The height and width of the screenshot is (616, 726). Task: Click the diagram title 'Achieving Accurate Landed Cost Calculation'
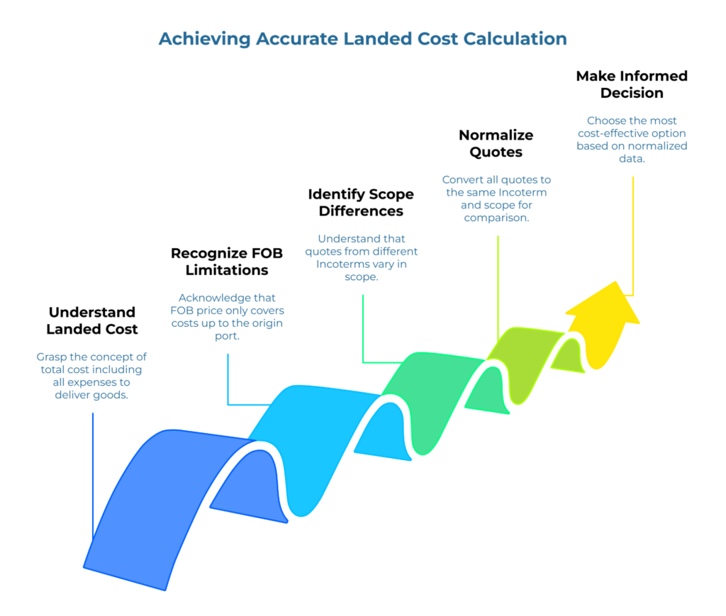362,38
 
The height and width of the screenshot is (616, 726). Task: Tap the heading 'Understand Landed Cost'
92,320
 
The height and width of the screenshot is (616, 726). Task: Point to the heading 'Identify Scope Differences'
361,203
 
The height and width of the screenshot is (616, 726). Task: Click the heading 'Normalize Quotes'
496,143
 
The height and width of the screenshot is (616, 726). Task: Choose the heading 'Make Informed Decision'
631,84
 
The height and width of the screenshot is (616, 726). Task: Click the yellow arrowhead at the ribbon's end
603,323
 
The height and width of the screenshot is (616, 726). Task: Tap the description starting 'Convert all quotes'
496,198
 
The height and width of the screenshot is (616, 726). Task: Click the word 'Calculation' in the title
515,38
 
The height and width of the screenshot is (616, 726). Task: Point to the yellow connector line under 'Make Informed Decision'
632,234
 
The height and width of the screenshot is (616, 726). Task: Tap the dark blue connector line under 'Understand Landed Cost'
93,475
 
